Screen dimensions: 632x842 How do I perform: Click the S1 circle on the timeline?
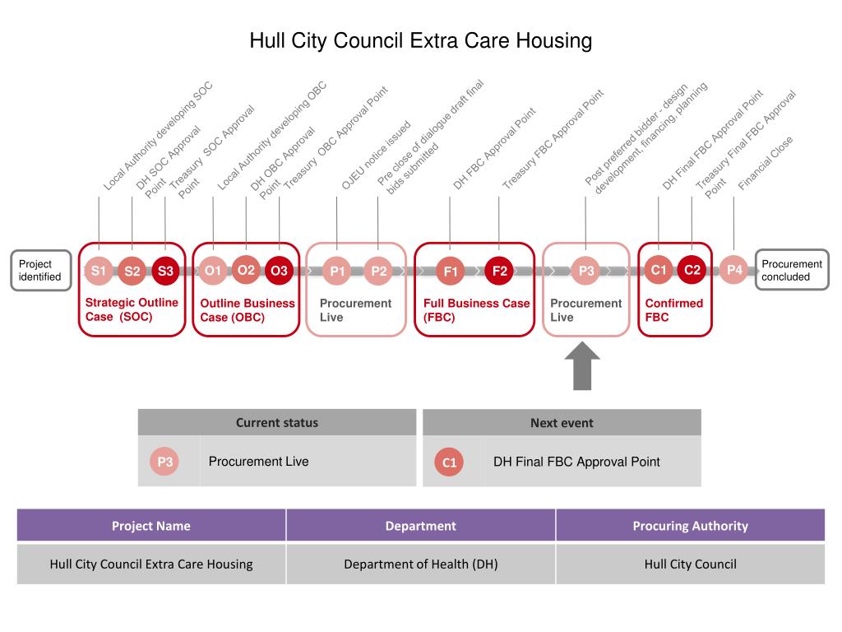[x=99, y=271]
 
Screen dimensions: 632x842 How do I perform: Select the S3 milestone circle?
[x=165, y=271]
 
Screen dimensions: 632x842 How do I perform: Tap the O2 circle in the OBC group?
[x=246, y=270]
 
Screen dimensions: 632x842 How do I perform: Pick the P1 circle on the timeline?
[x=337, y=271]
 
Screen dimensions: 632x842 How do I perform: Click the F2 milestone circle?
[x=499, y=271]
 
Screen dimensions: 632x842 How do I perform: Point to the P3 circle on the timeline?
[x=586, y=271]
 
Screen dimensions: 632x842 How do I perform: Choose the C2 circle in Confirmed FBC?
[x=692, y=270]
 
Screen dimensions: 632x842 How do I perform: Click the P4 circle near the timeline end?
[x=734, y=270]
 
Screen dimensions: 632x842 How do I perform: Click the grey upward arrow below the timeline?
[x=582, y=365]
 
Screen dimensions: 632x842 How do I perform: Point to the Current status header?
[x=277, y=423]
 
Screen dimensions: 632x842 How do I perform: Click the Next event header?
[x=562, y=423]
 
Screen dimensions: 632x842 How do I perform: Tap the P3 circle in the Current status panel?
[x=165, y=462]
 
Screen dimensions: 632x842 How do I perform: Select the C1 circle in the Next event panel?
[x=449, y=462]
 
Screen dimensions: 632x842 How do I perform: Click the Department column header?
[x=420, y=526]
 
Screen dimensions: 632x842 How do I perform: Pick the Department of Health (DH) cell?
[x=420, y=565]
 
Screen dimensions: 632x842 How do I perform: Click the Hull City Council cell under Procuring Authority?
[x=690, y=565]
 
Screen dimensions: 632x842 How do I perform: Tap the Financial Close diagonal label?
[x=766, y=164]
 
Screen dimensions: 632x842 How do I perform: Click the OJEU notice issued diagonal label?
[x=376, y=156]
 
